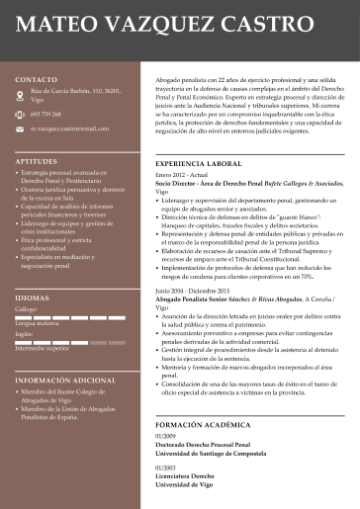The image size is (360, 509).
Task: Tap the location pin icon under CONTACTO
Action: [21, 93]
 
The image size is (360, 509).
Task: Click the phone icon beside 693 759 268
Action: [21, 114]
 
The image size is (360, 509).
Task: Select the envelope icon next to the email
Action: [21, 128]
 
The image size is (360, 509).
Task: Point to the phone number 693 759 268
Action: [45, 114]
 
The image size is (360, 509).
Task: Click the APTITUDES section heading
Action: [37, 159]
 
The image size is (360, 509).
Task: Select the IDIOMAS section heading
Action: [32, 297]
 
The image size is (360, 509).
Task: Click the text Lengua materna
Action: [38, 323]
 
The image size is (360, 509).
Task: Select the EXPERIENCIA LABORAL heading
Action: [199, 162]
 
